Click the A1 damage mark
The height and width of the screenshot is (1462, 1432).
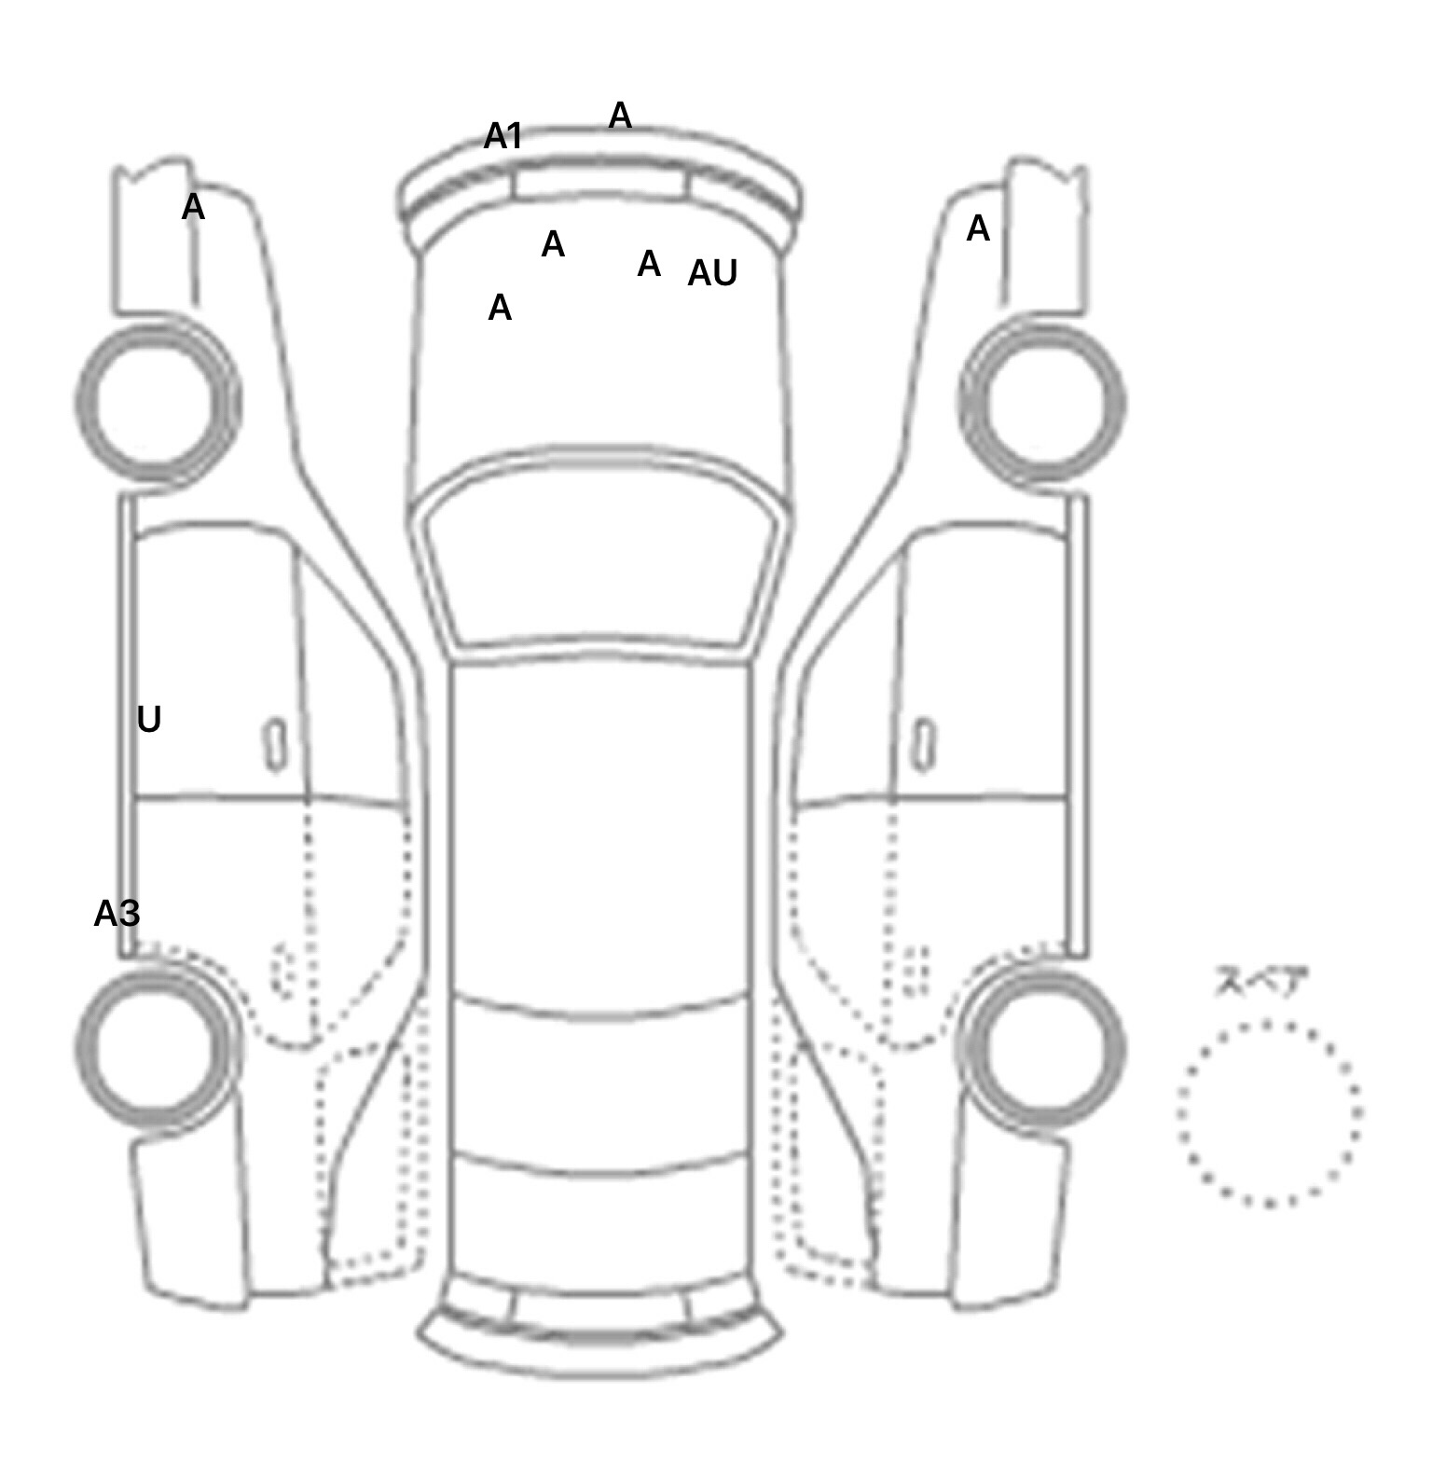point(503,137)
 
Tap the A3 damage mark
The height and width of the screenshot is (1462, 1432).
point(117,914)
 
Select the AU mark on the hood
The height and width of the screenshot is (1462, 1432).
point(712,273)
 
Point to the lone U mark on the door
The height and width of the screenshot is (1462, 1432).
point(149,720)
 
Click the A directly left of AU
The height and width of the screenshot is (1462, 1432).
point(649,264)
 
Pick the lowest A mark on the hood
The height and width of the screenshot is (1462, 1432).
point(500,308)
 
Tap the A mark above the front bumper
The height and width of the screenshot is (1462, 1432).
point(620,116)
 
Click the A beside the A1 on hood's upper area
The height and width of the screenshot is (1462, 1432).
point(553,244)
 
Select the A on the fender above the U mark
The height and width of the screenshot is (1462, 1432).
point(193,207)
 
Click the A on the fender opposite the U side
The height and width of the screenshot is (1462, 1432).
point(978,228)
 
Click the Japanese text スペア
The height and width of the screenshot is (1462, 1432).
point(1261,982)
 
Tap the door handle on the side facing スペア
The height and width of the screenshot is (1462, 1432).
point(924,745)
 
